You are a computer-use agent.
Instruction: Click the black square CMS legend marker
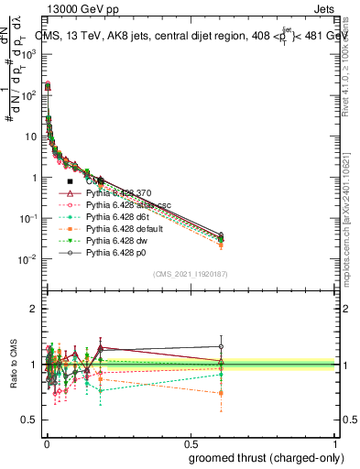tap(70, 181)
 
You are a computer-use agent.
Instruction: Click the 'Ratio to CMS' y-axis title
tap(12, 365)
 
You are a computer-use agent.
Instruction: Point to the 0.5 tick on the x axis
tap(190, 439)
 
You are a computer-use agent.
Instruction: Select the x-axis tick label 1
tap(333, 439)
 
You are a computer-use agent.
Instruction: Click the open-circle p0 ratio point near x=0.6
tap(221, 347)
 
